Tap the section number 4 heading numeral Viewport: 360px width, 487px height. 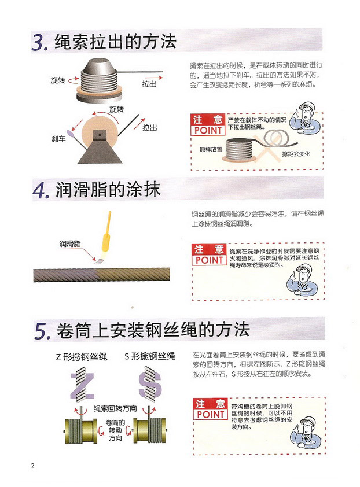(41, 190)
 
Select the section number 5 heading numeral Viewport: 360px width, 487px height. (42, 331)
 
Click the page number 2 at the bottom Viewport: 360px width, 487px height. (32, 465)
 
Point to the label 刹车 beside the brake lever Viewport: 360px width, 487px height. (58, 139)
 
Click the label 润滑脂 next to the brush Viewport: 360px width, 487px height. (70, 244)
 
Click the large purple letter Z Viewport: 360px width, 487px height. (82, 386)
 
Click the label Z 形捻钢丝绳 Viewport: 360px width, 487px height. (82, 357)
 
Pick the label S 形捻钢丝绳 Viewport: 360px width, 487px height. (150, 356)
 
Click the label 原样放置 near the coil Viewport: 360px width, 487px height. (211, 149)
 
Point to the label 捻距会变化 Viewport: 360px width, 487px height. (296, 153)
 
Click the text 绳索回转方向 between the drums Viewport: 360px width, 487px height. (115, 408)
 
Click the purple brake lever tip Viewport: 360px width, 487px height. (70, 134)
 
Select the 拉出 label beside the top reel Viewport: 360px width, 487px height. (149, 84)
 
